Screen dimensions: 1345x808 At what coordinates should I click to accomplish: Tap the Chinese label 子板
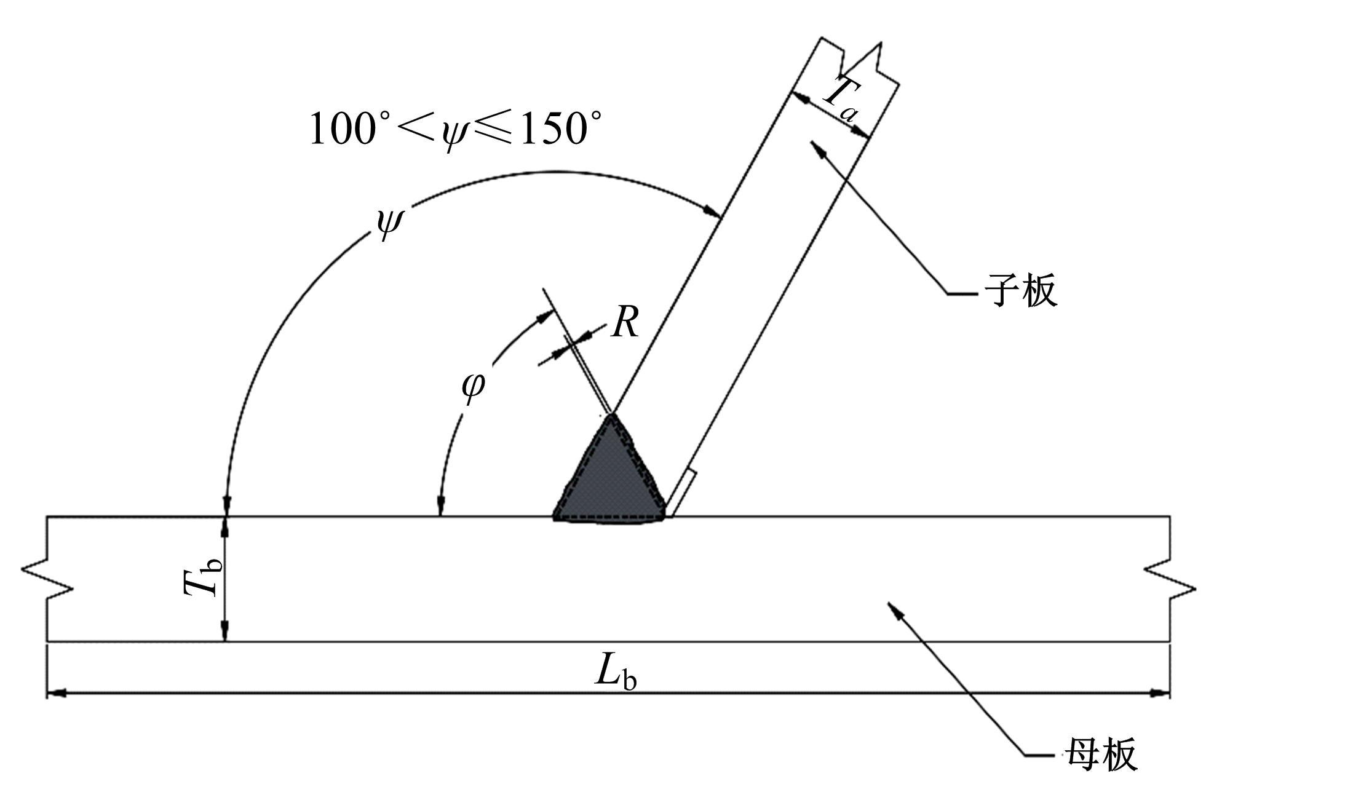[1022, 290]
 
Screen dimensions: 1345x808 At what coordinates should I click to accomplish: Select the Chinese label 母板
[1101, 754]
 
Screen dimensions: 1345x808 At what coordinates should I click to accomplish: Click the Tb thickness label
[202, 580]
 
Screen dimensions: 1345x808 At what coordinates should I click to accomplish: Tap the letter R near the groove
[625, 322]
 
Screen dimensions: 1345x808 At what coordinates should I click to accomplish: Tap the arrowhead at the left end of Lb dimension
[57, 694]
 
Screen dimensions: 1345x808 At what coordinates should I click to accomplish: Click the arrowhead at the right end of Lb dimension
[1159, 694]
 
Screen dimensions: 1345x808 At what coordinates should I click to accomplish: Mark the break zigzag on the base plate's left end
[47, 578]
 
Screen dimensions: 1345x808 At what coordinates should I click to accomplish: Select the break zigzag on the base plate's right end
[1170, 579]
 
